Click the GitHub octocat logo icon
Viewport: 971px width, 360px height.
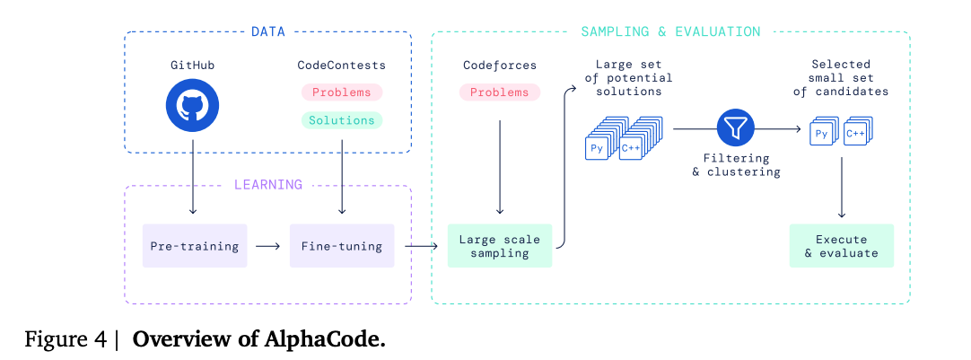[x=192, y=105]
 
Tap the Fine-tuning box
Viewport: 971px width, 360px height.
[x=342, y=245]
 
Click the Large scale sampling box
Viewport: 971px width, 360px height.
[x=500, y=246]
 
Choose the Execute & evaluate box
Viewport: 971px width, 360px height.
[x=841, y=246]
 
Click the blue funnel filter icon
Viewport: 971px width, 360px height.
[x=735, y=129]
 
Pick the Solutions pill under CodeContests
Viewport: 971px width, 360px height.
[x=341, y=120]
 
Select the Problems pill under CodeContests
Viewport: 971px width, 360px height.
[x=341, y=92]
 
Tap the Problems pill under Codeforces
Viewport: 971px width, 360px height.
[x=500, y=92]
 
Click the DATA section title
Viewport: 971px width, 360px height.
[x=267, y=32]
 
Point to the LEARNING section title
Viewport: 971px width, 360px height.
[x=267, y=185]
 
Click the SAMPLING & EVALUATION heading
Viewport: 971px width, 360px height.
[x=670, y=32]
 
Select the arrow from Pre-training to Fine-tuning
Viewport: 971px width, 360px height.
[x=267, y=245]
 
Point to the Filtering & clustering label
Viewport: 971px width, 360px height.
[x=736, y=164]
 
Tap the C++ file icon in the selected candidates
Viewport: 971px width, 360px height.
[x=855, y=135]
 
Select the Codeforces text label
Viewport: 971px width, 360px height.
[x=500, y=65]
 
